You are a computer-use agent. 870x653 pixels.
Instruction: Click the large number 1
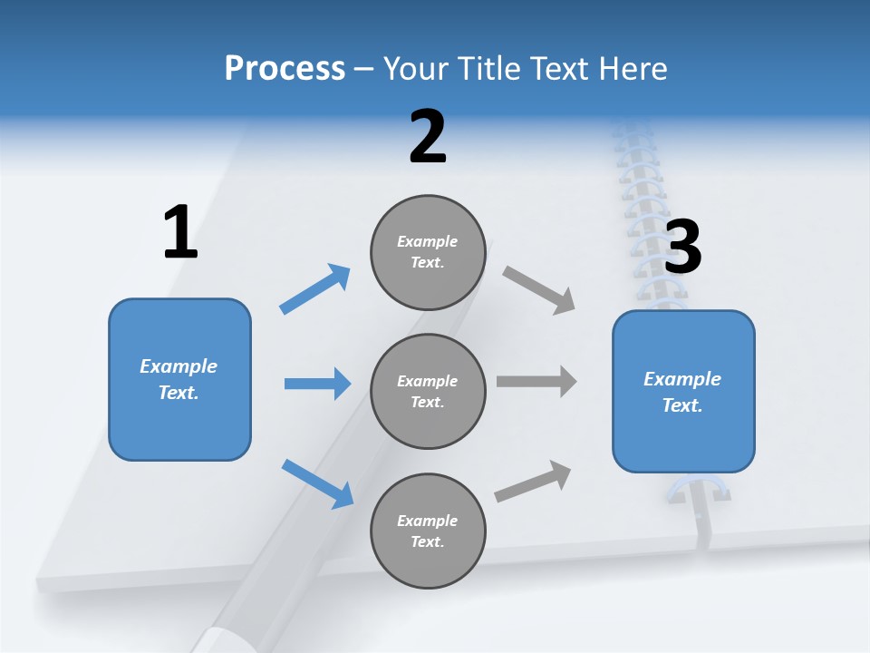[180, 233]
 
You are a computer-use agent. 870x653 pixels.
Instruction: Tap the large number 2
[428, 137]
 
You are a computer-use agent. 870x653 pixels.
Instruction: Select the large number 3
[683, 247]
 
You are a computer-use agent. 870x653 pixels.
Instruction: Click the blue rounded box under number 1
[179, 379]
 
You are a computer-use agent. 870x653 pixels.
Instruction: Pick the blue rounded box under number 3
[683, 392]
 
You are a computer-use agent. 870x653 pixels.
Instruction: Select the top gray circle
[428, 252]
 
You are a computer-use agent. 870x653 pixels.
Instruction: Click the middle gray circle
[428, 392]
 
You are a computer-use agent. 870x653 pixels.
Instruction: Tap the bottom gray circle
[428, 531]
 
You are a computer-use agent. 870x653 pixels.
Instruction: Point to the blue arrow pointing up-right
[315, 288]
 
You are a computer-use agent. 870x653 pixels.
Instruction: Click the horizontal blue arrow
[317, 384]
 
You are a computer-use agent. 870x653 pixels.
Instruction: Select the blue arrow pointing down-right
[318, 483]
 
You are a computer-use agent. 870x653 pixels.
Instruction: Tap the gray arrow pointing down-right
[539, 290]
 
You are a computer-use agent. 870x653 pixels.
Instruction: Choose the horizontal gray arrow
[536, 381]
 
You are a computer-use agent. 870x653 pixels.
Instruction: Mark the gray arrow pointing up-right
[533, 481]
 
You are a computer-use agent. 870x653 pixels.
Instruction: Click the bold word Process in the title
[285, 68]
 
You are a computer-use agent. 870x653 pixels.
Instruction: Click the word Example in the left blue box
[179, 366]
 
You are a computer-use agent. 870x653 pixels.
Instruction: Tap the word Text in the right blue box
[681, 405]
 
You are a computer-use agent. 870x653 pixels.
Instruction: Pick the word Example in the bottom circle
[427, 521]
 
